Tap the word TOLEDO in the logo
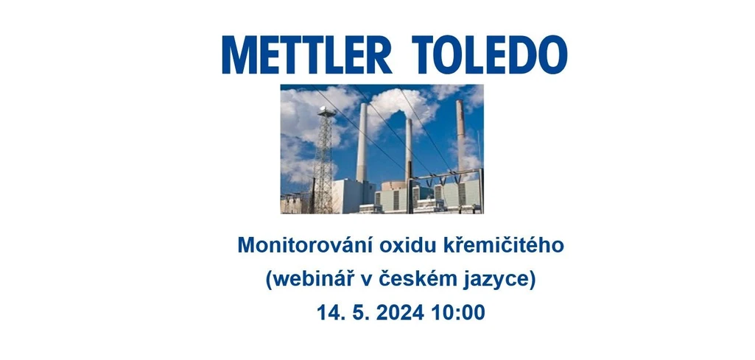(489, 54)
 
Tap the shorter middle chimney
(409, 151)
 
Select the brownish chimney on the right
(460, 136)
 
